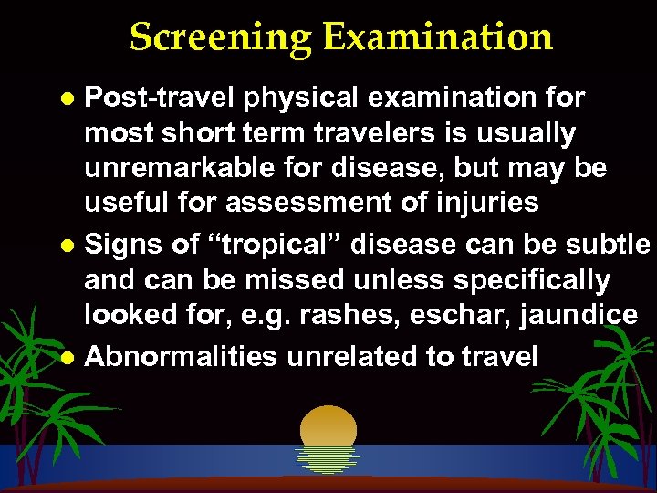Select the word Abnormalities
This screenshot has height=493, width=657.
tap(181, 356)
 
